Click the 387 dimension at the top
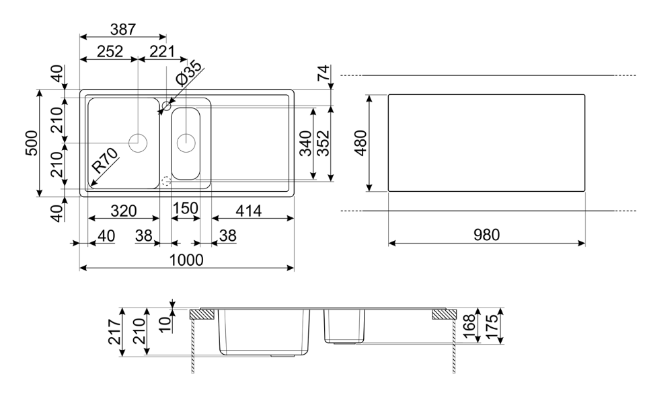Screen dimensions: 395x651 click(123, 30)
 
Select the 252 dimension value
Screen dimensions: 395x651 click(108, 52)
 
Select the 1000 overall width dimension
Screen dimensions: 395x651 click(186, 260)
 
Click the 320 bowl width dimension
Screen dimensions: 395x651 click(123, 211)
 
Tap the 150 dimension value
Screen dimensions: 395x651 click(186, 209)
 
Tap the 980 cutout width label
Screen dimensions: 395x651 click(486, 235)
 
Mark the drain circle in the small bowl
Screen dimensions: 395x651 click(186, 142)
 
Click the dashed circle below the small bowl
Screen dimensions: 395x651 click(166, 180)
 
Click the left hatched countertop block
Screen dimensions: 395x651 click(202, 314)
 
